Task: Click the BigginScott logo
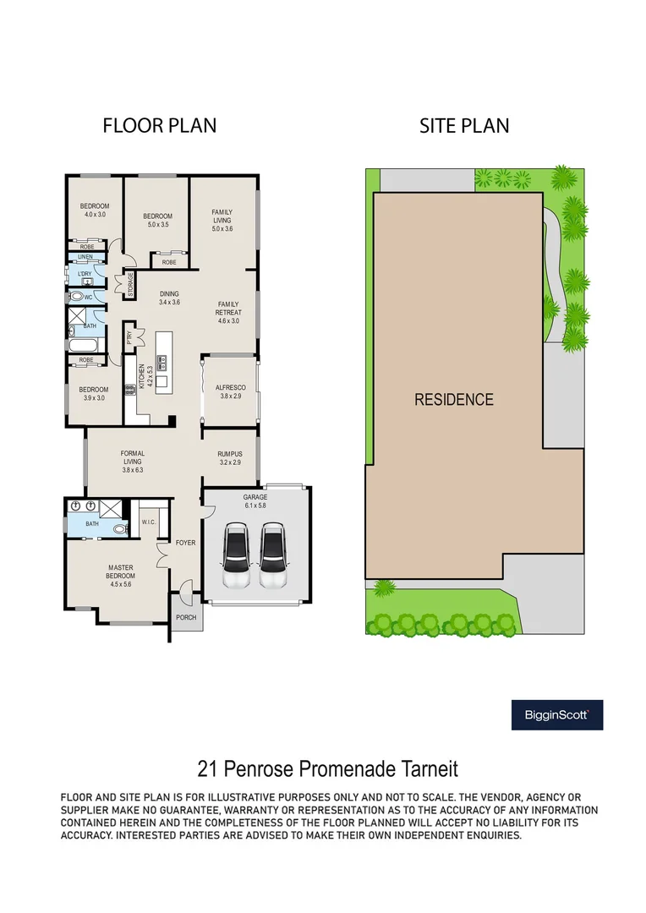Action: coord(557,714)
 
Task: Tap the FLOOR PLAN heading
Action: coord(160,126)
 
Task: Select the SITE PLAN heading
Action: coord(464,126)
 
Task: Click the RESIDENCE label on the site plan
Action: coord(454,399)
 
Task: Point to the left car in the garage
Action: coord(236,555)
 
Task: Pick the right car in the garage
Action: coord(273,555)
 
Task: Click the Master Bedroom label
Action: coord(121,576)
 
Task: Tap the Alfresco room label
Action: coord(231,391)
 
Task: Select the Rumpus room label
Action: coord(230,458)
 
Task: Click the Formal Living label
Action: coord(133,462)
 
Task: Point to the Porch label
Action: coord(186,617)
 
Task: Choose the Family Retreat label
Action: coord(228,312)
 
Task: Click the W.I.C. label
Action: coord(149,522)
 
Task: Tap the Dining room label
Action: coord(169,298)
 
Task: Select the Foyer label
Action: coord(186,543)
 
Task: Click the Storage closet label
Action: coord(130,285)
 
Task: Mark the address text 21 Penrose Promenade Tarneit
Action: coord(328,768)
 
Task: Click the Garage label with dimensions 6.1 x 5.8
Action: coord(255,501)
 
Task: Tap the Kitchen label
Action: coord(145,377)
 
